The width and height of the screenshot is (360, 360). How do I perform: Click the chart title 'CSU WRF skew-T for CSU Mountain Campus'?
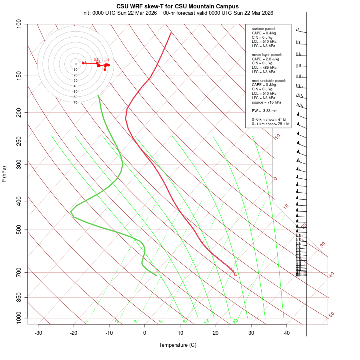(178, 6)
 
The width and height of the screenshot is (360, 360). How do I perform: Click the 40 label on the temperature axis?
(287, 333)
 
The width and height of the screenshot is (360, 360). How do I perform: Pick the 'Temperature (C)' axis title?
(178, 345)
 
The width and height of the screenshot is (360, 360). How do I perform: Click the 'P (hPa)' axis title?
(4, 174)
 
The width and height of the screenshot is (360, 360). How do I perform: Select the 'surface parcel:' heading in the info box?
(264, 29)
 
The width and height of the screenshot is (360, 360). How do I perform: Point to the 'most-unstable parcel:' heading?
(269, 80)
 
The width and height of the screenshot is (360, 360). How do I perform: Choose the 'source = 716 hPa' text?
(266, 102)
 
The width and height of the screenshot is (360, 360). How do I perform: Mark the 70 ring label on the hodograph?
(76, 102)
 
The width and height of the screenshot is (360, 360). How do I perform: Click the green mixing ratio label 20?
(236, 321)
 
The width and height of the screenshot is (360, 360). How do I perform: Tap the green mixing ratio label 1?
(87, 321)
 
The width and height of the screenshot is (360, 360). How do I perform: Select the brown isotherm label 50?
(331, 314)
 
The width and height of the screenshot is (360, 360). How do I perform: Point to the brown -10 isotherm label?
(277, 137)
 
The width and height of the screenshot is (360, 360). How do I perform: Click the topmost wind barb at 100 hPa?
(301, 30)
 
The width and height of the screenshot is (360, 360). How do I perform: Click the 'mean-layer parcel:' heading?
(267, 54)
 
